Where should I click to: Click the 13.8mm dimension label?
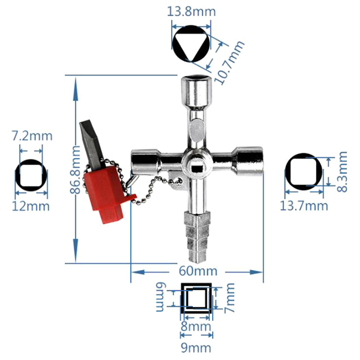pyautogui.click(x=191, y=12)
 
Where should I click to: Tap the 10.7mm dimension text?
pyautogui.click(x=229, y=63)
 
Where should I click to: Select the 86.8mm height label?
pyautogui.click(x=75, y=170)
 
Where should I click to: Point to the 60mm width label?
pyautogui.click(x=198, y=271)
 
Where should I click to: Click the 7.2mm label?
pyautogui.click(x=32, y=136)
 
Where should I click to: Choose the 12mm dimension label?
pyautogui.click(x=31, y=206)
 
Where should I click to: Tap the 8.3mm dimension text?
pyautogui.click(x=342, y=171)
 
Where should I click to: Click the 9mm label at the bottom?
pyautogui.click(x=196, y=348)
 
